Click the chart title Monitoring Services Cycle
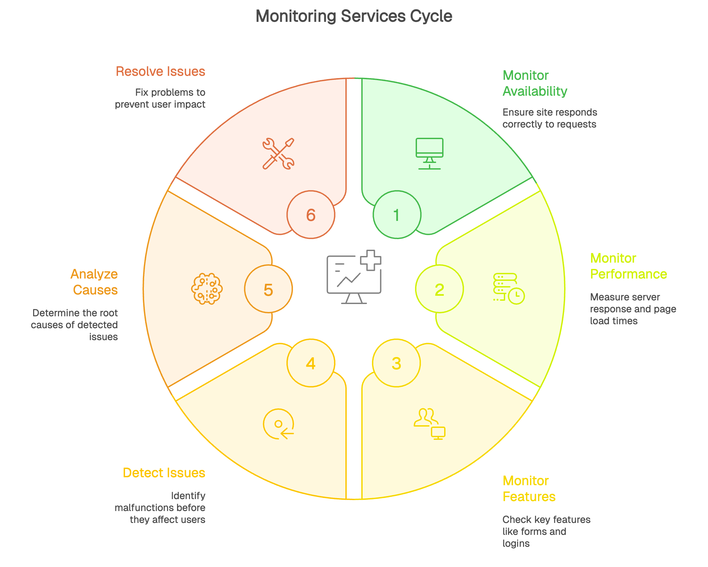point(354,16)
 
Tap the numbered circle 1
point(397,215)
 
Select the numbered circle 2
point(439,289)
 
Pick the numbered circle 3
point(396,363)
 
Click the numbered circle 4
point(311,363)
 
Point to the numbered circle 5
point(268,289)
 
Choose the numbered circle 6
point(311,215)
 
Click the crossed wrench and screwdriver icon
point(278,154)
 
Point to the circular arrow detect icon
point(278,424)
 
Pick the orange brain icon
point(207,289)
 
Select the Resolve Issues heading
point(160,72)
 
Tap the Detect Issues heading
point(164,473)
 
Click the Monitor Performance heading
point(628,266)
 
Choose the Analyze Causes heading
point(95,282)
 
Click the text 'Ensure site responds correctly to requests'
point(550,118)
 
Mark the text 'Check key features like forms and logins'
point(546,531)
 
